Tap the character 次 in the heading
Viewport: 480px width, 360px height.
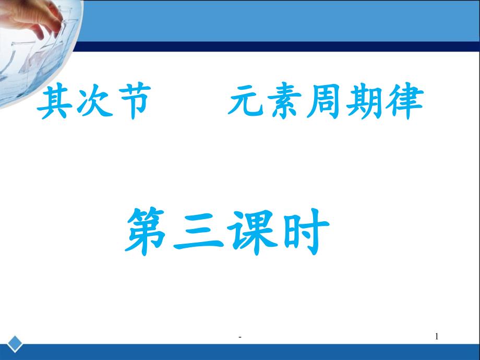[93, 103]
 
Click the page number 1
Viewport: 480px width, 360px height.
[437, 338]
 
